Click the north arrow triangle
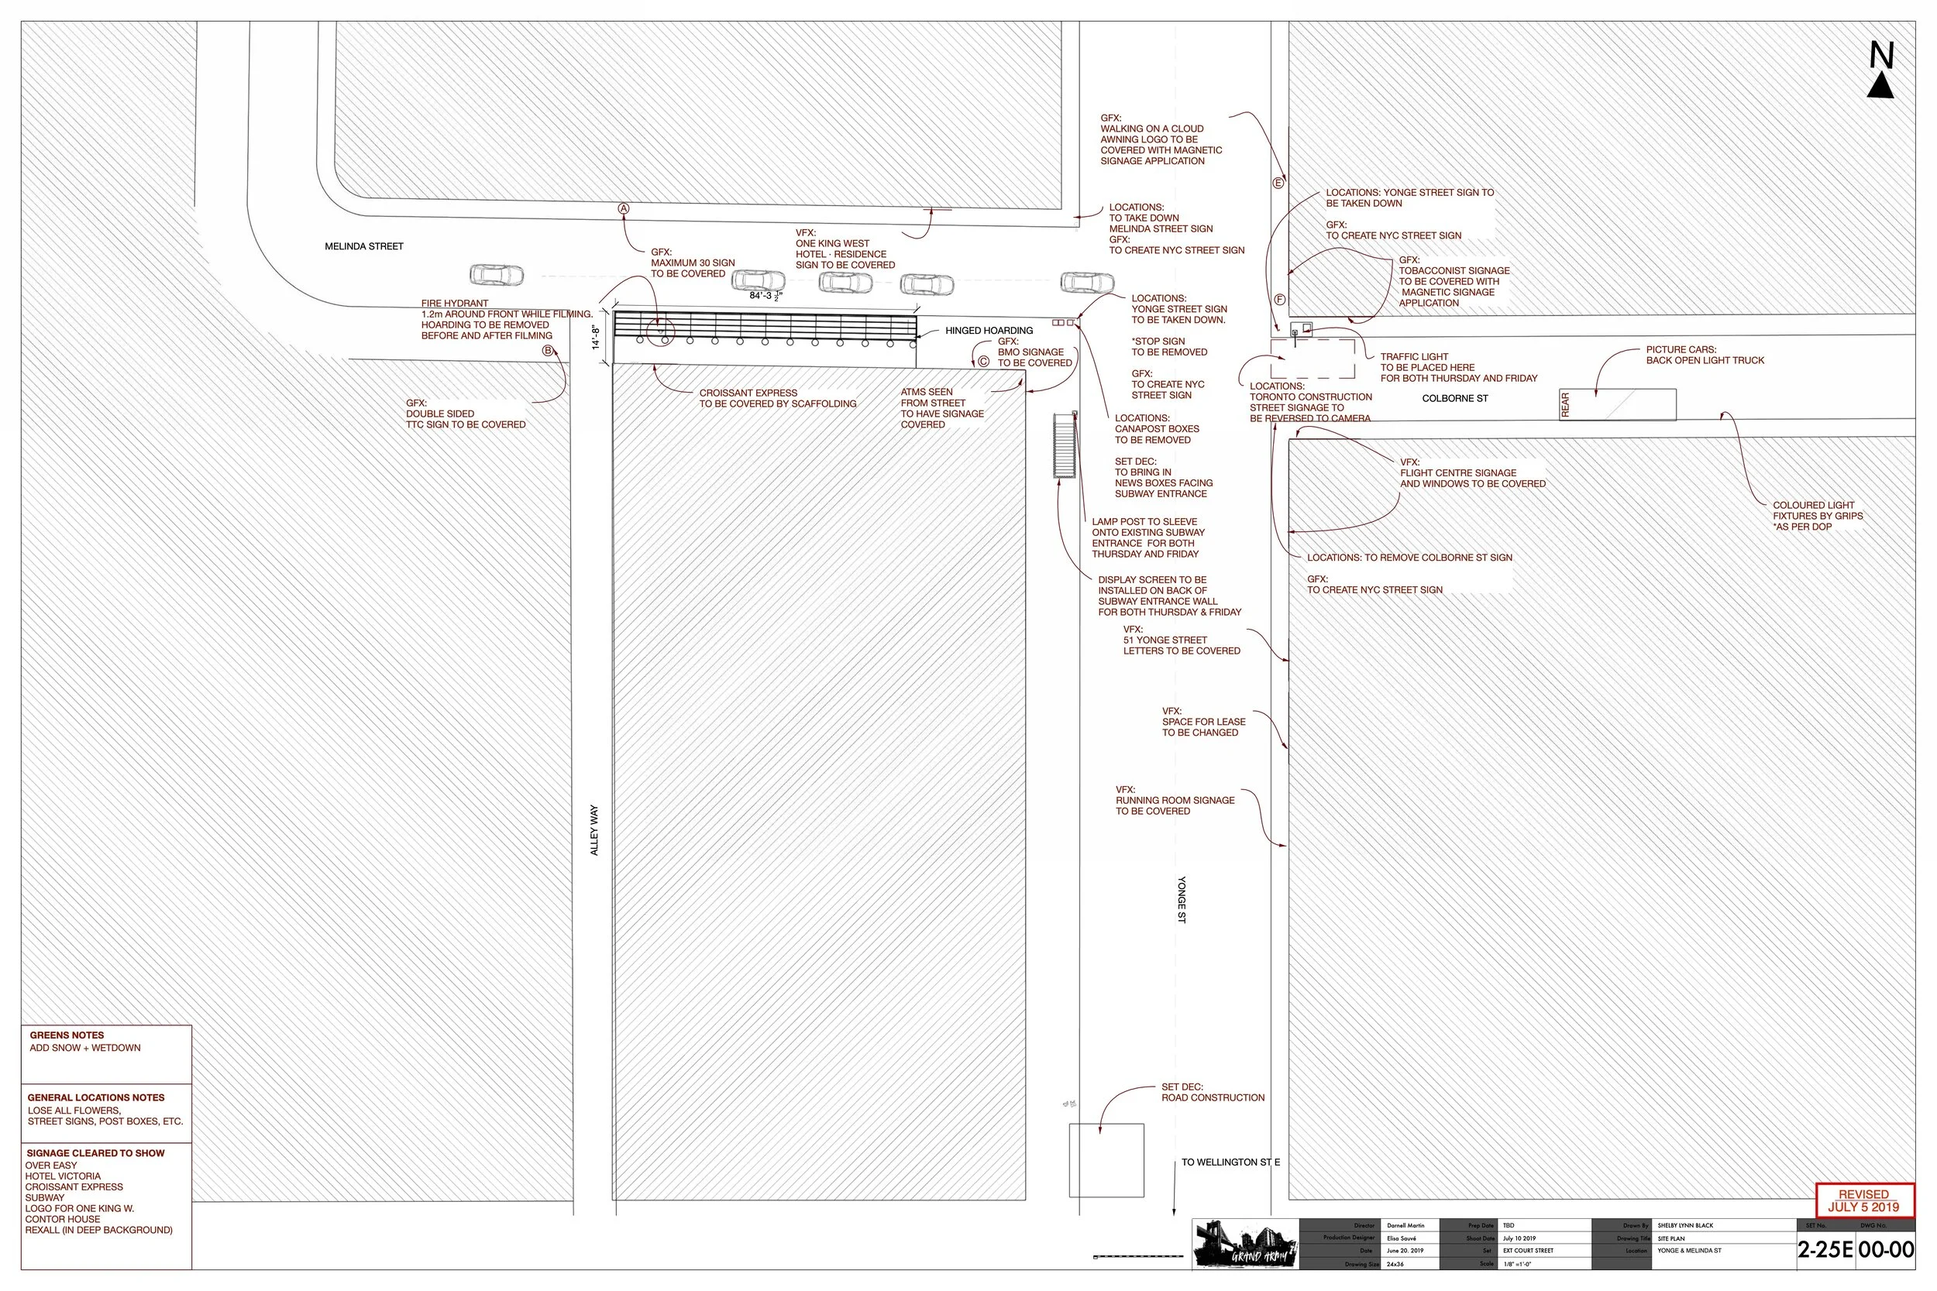[x=1880, y=86]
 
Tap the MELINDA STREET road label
[x=364, y=246]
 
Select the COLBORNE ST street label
[x=1455, y=399]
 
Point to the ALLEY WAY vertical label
[x=594, y=830]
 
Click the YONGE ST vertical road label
[x=1181, y=899]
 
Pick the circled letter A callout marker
[x=624, y=209]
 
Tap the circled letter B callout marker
[x=548, y=351]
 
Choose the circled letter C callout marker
[x=982, y=361]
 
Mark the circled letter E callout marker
[x=1278, y=183]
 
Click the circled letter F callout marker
[x=1280, y=300]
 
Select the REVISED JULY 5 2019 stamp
[x=1863, y=1200]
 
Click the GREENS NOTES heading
[x=67, y=1035]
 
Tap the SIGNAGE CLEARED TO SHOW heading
[x=95, y=1152]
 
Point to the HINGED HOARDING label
[x=989, y=331]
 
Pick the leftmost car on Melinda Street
[x=497, y=275]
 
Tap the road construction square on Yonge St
[x=1106, y=1159]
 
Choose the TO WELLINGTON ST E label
[x=1230, y=1162]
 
